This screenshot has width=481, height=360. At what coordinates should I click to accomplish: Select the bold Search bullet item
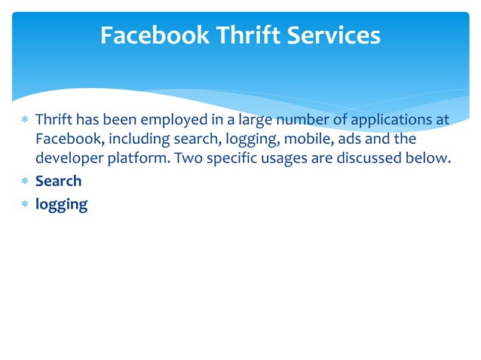point(58,182)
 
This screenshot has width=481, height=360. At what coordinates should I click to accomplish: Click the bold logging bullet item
point(61,203)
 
